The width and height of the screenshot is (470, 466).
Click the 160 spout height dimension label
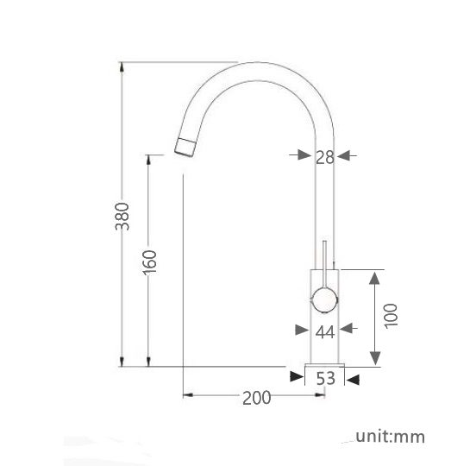(x=149, y=261)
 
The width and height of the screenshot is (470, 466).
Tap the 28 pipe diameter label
(x=324, y=156)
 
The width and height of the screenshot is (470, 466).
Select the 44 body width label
(x=324, y=331)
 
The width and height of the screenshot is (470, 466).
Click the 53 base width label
(x=325, y=377)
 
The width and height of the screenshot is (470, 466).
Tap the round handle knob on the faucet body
(x=324, y=299)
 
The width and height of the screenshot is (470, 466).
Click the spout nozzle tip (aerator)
(x=185, y=146)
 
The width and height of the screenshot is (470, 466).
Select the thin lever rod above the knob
(x=324, y=256)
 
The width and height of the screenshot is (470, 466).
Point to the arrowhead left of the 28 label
(x=304, y=155)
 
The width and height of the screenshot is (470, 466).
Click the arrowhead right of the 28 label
(x=345, y=155)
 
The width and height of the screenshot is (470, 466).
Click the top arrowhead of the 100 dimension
(x=375, y=275)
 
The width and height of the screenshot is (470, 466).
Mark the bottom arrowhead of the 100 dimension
(x=375, y=361)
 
